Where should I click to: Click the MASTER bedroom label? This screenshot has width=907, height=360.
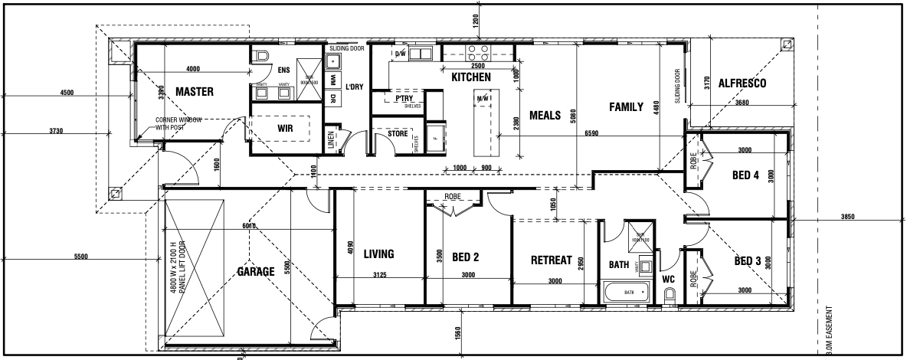tap(194, 92)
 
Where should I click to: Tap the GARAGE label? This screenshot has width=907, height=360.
tap(255, 271)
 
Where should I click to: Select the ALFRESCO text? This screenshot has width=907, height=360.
tap(742, 83)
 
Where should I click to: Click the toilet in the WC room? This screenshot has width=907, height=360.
tap(669, 294)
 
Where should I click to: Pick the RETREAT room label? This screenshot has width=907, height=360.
tap(552, 260)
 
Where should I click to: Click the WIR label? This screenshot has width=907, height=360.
tap(285, 129)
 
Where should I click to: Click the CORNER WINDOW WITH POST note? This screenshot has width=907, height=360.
tap(178, 124)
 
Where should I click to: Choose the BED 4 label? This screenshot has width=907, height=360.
tap(745, 175)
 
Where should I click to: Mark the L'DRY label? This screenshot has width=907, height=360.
tap(354, 87)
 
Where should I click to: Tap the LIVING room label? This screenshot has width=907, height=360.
tap(378, 254)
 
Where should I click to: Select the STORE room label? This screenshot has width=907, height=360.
tap(398, 134)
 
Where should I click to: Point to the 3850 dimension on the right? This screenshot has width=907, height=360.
tap(847, 218)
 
